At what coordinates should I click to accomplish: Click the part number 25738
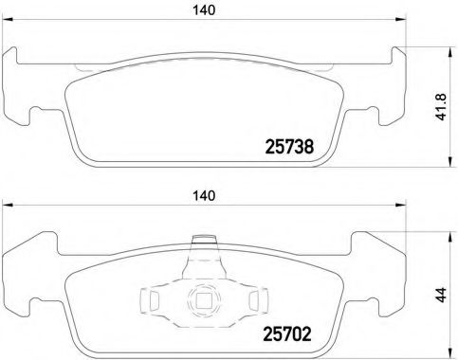[286, 147]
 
